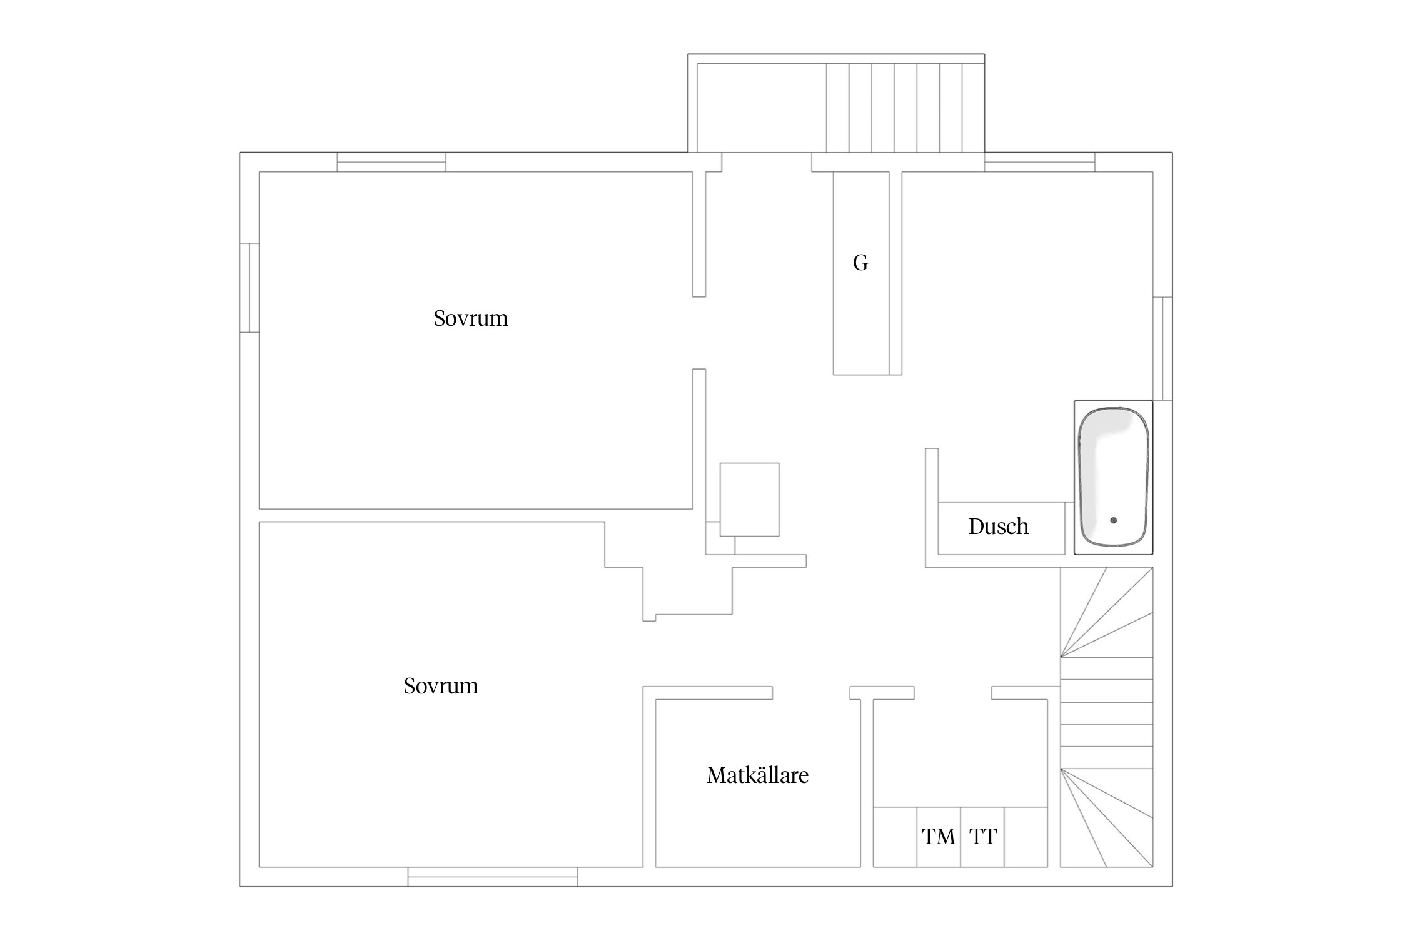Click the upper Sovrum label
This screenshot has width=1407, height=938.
470,318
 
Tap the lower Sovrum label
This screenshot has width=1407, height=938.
440,686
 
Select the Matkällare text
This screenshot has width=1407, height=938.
757,775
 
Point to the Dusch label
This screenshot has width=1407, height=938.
998,527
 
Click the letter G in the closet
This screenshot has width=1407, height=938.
860,263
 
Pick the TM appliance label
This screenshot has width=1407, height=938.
939,837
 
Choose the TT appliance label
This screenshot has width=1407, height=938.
983,837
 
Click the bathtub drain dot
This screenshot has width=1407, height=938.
1113,520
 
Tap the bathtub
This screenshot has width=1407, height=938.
1113,477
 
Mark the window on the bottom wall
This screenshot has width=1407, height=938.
493,877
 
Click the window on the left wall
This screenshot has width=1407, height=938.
250,288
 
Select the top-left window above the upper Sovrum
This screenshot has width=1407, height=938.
391,162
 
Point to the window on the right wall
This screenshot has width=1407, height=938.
1162,348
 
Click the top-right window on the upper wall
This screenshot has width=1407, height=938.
1039,162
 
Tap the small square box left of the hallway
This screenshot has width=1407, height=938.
749,500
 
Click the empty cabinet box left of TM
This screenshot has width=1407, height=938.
895,837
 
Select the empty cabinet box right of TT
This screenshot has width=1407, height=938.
1026,837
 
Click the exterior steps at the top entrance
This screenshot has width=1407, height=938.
905,108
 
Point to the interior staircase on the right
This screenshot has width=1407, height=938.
1106,717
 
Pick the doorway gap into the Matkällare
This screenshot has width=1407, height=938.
811,693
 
